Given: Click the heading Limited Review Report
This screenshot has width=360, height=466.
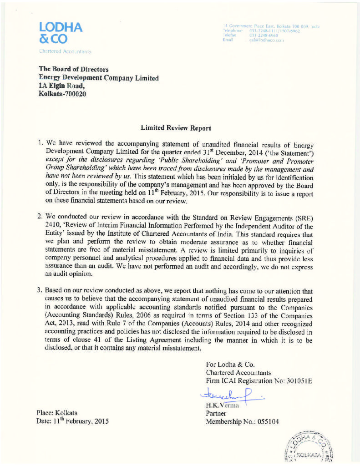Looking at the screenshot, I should click(x=176, y=116).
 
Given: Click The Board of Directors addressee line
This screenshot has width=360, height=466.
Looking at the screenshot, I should click(x=73, y=69).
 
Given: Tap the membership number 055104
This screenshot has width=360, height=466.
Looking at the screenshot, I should click(x=265, y=421).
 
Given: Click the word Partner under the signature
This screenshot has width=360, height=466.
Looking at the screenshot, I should click(x=216, y=413).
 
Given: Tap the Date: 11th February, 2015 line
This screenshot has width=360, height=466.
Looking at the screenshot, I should click(x=72, y=421).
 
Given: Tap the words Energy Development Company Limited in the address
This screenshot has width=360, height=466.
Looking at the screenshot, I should click(x=99, y=78).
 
